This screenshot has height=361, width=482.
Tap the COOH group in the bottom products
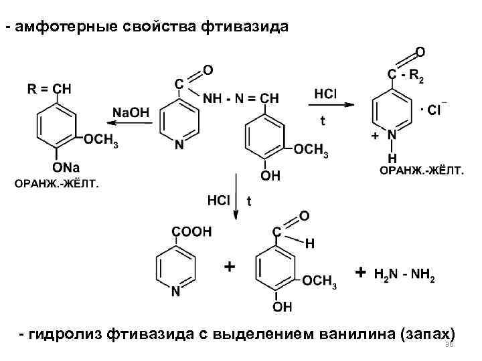point(191,231)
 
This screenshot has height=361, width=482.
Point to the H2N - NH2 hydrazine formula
point(404,275)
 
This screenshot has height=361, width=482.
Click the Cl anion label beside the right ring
point(434,110)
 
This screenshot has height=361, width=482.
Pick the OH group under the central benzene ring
point(271,176)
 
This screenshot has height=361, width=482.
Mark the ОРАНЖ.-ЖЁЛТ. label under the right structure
point(421,171)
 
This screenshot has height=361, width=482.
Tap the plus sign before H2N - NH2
point(361,274)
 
